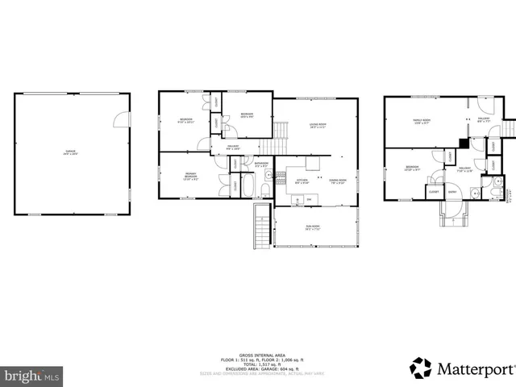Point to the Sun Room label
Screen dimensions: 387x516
coord(312,227)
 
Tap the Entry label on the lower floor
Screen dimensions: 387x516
coord(452,192)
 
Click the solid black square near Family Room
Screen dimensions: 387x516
coord(463,144)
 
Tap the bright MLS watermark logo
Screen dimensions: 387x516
coord(31,376)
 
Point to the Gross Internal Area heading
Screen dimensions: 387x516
coord(258,355)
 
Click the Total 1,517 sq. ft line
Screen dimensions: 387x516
coord(258,364)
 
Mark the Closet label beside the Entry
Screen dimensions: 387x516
coord(434,192)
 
